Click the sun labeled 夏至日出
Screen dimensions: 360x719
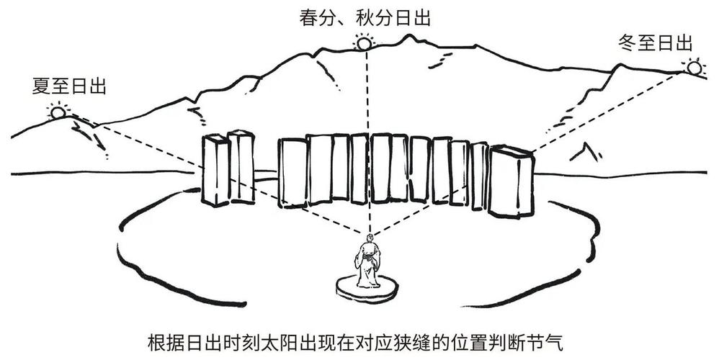[58, 112]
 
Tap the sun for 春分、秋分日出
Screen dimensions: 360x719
[365, 44]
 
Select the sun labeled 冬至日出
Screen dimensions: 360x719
[694, 68]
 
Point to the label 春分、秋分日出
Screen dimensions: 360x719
[365, 18]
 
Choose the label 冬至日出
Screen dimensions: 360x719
[656, 42]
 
